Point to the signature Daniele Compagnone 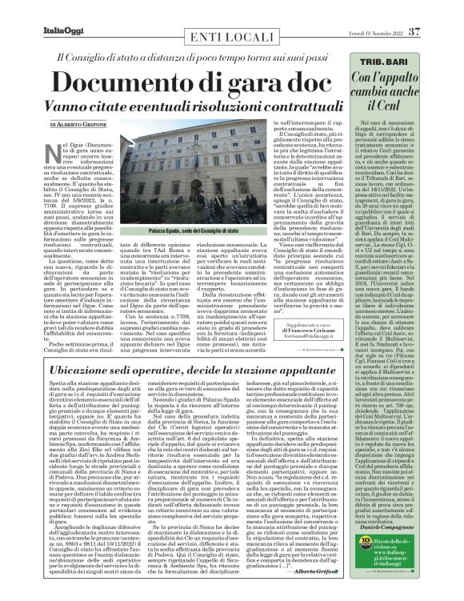point(420,529)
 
